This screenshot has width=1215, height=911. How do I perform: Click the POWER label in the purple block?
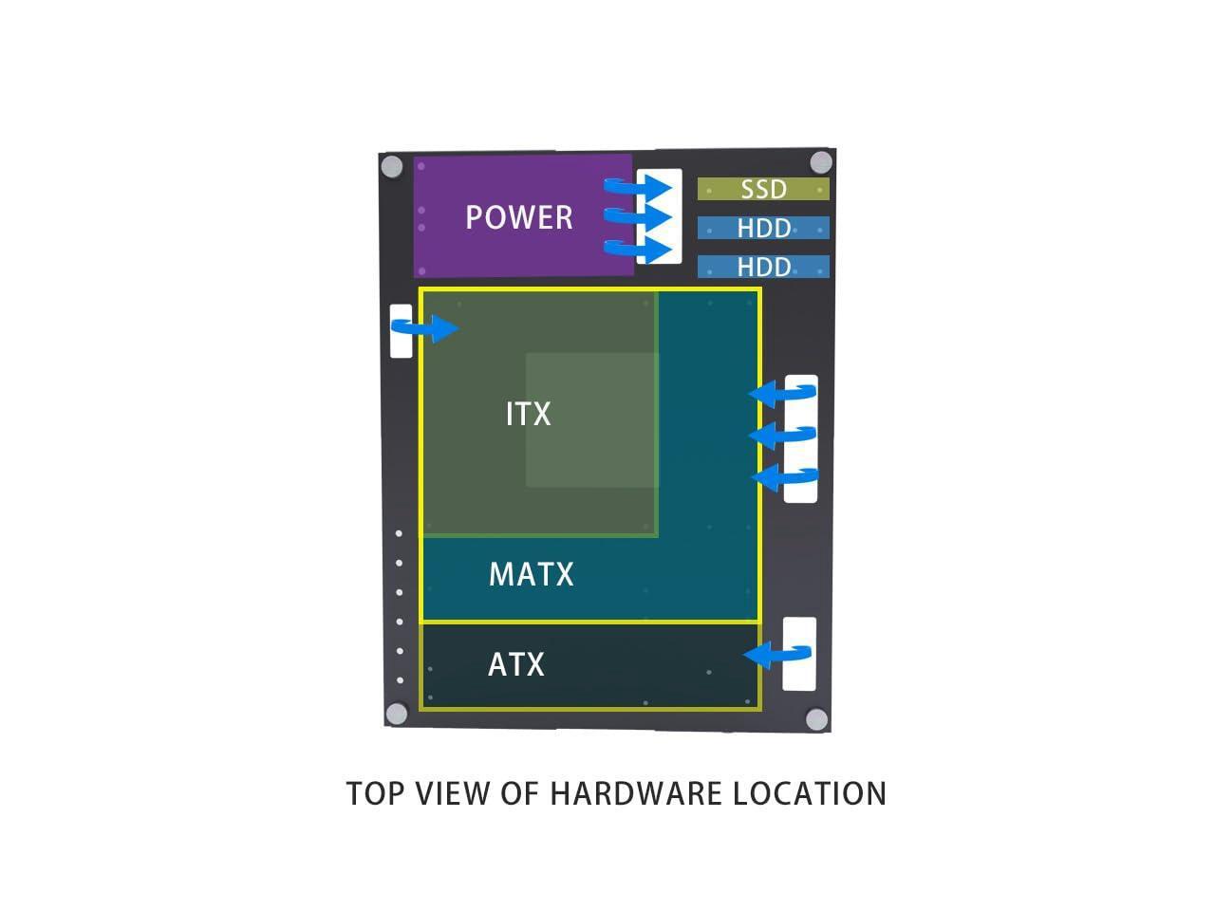(518, 217)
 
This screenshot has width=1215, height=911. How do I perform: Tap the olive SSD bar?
(763, 189)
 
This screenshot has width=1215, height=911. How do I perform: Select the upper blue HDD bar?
(763, 228)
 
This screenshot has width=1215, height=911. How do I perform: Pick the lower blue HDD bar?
(763, 267)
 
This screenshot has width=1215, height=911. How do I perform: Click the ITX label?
(528, 415)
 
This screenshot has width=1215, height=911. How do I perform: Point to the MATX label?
(531, 575)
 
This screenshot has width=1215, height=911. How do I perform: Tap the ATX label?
(515, 664)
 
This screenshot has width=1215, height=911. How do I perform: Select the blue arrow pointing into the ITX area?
(426, 328)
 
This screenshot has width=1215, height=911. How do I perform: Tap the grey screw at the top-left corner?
(392, 167)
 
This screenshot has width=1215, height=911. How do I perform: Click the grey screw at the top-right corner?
(821, 162)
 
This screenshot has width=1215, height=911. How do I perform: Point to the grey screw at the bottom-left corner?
(397, 714)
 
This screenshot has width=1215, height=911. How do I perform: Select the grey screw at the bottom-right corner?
(816, 719)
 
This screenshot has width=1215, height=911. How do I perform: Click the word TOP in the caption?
(375, 793)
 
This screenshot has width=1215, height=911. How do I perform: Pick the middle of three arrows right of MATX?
(782, 435)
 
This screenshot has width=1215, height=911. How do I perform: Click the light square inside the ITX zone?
(592, 419)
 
